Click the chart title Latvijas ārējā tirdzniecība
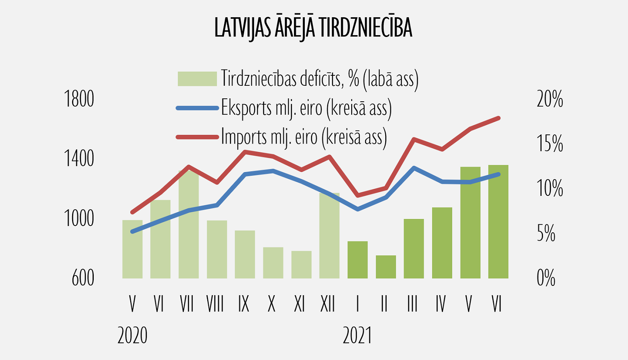313,28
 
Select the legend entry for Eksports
306,108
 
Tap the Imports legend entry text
304,137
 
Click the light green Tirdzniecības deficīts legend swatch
197,79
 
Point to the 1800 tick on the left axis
79,100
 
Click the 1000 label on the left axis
79,219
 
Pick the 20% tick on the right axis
550,100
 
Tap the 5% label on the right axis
546,234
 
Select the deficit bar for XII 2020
329,237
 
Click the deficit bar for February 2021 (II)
386,267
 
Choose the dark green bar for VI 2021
498,222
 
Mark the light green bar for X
273,263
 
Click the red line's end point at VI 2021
498,118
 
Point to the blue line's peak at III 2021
414,168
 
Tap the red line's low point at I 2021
358,195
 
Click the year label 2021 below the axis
357,336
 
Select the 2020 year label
132,336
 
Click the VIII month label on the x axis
215,304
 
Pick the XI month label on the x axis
299,304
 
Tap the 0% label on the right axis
546,278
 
